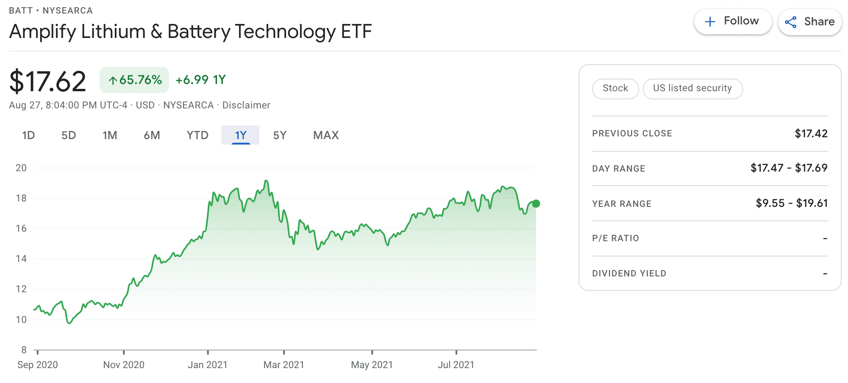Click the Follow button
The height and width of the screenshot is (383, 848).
pos(732,21)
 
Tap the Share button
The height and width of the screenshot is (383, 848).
pos(810,22)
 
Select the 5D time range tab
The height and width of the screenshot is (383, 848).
pos(69,135)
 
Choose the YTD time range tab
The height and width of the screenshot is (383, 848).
pos(198,135)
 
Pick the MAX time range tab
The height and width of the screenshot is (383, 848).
pos(326,135)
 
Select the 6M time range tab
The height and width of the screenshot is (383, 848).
pos(152,135)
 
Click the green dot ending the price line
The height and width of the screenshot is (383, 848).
pos(536,204)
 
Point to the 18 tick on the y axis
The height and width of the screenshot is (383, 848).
pos(21,198)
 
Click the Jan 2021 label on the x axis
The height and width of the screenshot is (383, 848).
pos(207,364)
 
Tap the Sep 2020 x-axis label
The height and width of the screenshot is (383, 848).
pos(38,364)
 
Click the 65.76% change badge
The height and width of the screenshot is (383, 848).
pos(134,80)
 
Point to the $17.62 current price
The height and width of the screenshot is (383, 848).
pos(47,81)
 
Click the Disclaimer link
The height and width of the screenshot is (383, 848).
pos(246,105)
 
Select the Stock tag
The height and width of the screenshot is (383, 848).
pos(615,88)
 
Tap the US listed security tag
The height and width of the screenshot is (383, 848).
pos(692,88)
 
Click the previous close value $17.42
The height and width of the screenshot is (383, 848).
pos(811,133)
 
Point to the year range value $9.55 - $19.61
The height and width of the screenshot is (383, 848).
pos(791,203)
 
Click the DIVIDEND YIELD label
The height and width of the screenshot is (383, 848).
pos(629,273)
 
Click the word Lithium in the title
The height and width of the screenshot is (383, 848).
pos(113,32)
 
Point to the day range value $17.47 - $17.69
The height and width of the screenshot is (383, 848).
pos(789,168)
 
